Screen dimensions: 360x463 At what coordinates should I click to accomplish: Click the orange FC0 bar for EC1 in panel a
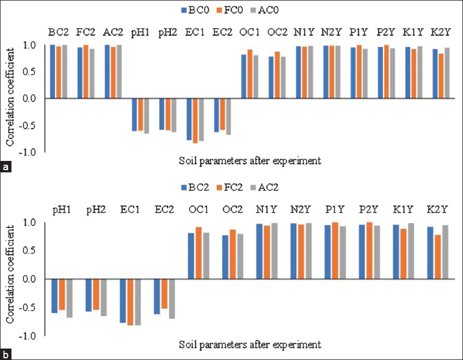(195, 121)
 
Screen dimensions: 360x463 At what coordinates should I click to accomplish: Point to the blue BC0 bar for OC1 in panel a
(244, 76)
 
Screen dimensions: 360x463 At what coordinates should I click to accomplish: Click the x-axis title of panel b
(250, 345)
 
